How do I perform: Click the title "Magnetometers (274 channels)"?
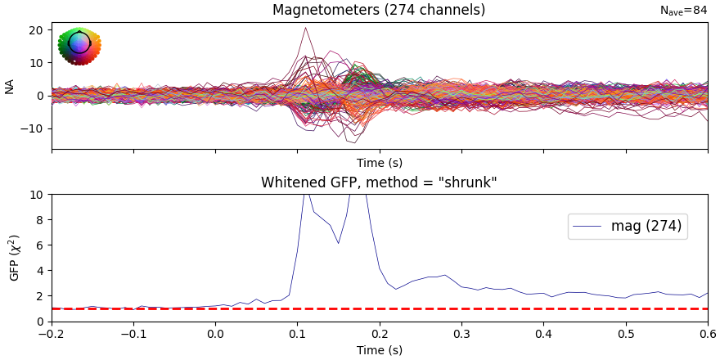click(379, 10)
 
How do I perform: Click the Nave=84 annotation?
click(683, 11)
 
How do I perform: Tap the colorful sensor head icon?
click(79, 45)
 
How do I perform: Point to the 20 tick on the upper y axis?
click(36, 30)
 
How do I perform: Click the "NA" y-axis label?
click(10, 86)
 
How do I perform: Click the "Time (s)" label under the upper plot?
click(379, 163)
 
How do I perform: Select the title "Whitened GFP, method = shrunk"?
click(379, 182)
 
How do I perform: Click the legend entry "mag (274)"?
click(646, 226)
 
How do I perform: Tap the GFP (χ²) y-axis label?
click(14, 258)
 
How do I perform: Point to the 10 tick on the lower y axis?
click(36, 195)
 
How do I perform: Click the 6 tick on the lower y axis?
click(39, 245)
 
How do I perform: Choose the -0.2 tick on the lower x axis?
click(52, 334)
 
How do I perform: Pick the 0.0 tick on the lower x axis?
click(215, 334)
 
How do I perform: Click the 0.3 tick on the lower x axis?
click(461, 334)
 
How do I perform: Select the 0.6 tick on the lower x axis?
click(708, 334)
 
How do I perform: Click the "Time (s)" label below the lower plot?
click(379, 350)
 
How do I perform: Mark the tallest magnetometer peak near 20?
click(305, 28)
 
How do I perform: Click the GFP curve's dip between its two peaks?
click(338, 242)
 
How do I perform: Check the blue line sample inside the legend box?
click(588, 227)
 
